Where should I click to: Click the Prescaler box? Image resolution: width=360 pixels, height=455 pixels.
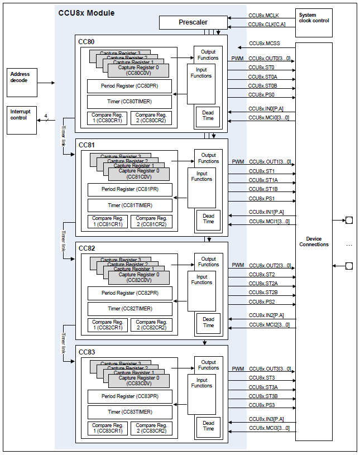coord(193,22)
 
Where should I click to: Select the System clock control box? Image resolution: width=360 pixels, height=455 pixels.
coord(313,18)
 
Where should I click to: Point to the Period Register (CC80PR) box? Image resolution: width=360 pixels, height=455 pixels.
coord(129,86)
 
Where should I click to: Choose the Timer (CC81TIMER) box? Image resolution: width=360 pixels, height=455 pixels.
coord(129,205)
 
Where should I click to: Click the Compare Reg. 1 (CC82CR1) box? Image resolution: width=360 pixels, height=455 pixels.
coord(108,324)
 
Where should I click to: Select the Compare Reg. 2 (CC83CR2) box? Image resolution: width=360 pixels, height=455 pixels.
coord(151,428)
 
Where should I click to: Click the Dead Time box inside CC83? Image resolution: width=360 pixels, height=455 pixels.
coord(208,426)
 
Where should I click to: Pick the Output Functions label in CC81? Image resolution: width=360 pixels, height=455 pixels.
coord(208,158)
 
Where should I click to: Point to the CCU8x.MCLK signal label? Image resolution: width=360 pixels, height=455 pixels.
coord(263,15)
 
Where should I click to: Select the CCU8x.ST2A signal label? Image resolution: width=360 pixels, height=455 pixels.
coord(263,284)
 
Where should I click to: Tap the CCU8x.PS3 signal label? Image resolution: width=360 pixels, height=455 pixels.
coord(262,405)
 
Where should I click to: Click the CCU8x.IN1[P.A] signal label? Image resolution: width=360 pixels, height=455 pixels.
coord(266,213)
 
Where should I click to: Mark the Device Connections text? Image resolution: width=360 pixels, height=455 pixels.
coord(314,242)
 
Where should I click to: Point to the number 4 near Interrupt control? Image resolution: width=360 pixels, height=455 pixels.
coord(46,116)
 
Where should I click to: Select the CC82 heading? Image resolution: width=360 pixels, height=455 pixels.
coord(87,248)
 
